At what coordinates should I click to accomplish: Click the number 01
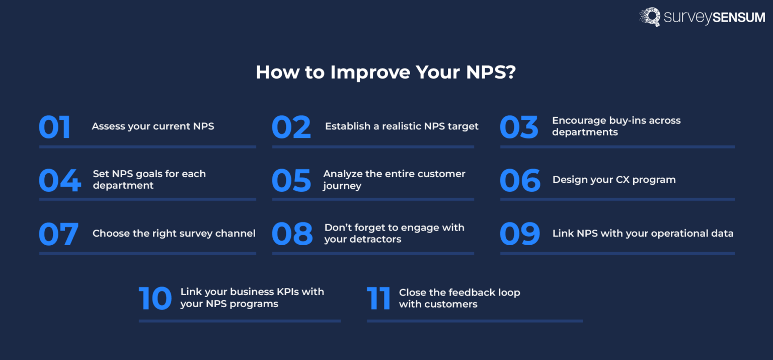pyautogui.click(x=55, y=127)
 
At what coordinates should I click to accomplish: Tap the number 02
pyautogui.click(x=291, y=127)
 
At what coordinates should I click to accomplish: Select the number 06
pyautogui.click(x=520, y=181)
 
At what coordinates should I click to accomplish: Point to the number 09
pyautogui.click(x=520, y=234)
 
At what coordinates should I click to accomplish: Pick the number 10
pyautogui.click(x=156, y=298)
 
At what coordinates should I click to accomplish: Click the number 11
pyautogui.click(x=378, y=298)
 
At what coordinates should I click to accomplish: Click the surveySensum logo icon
pyautogui.click(x=650, y=17)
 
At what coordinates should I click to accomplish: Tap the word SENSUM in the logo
pyautogui.click(x=738, y=18)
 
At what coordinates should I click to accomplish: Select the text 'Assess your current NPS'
pyautogui.click(x=153, y=126)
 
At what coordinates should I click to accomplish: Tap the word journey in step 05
pyautogui.click(x=342, y=186)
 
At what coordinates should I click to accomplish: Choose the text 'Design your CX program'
pyautogui.click(x=614, y=180)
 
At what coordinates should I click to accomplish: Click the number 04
pyautogui.click(x=59, y=181)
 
